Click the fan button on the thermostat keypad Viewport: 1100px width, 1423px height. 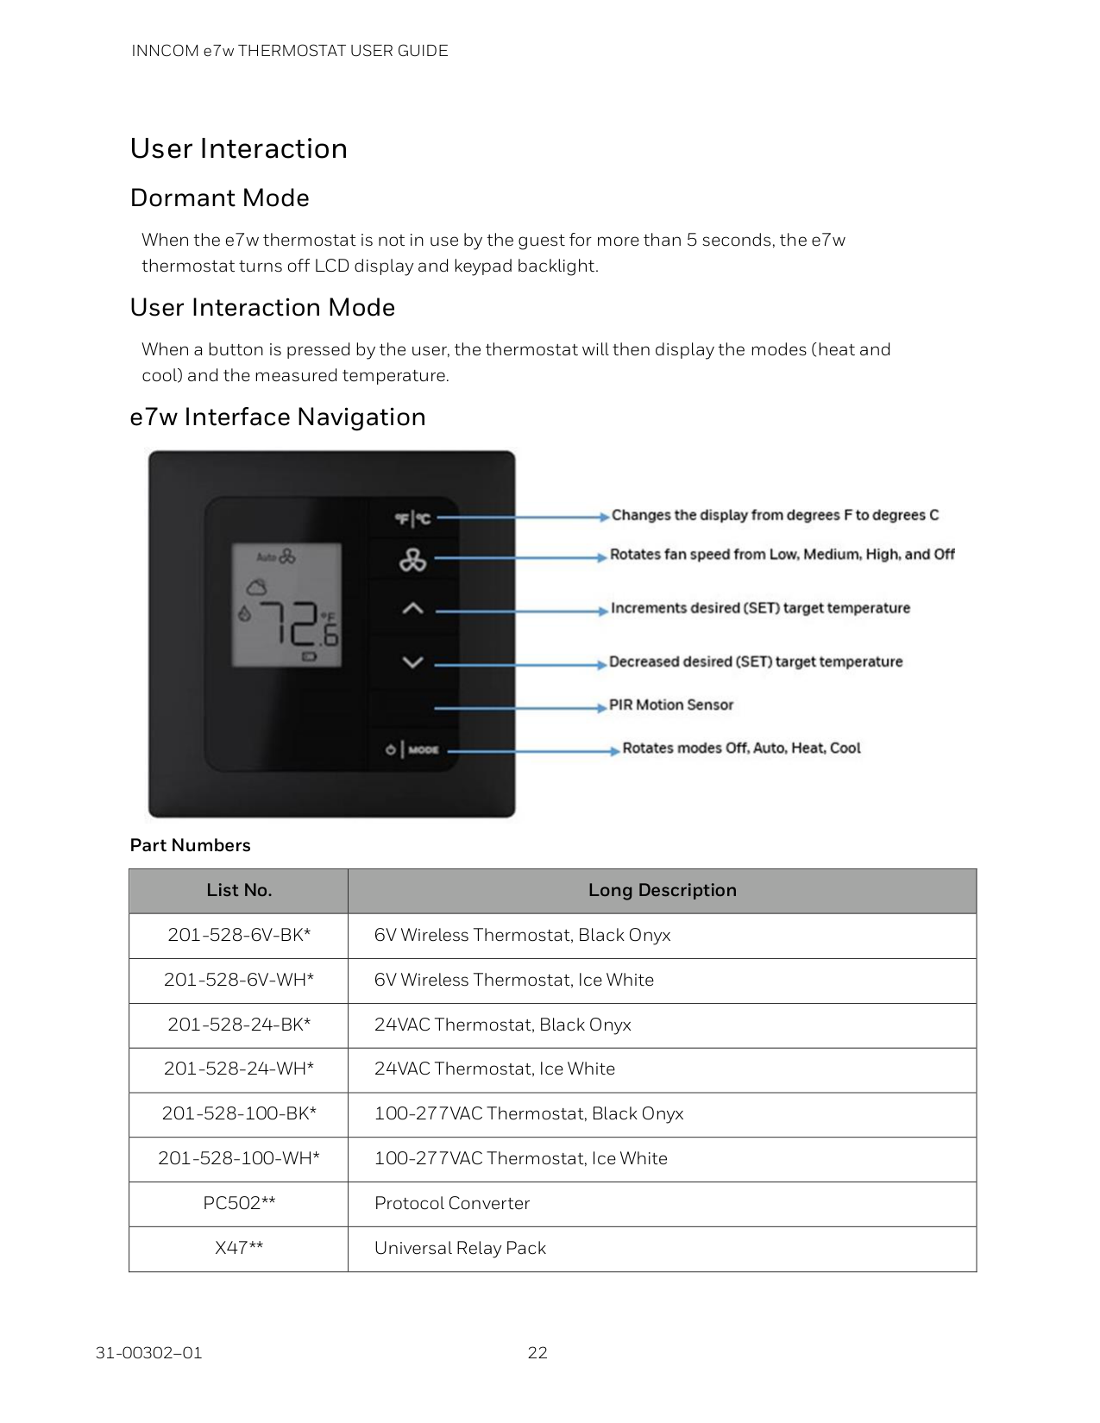(412, 561)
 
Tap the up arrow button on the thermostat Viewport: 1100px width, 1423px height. (412, 609)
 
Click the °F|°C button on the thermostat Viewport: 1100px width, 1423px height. (412, 518)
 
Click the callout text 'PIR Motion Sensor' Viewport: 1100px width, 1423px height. (670, 705)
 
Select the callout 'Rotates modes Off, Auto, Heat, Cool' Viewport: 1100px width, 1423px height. (741, 748)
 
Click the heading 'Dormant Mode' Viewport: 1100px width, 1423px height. (219, 197)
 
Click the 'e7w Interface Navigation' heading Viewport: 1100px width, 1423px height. (277, 417)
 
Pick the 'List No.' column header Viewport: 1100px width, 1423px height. (239, 890)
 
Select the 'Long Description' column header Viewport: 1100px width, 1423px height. (662, 890)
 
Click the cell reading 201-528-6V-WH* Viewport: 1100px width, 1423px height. (239, 980)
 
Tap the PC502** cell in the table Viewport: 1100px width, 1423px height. (239, 1203)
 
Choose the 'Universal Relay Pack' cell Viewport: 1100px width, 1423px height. (460, 1248)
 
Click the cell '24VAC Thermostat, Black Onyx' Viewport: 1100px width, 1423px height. (502, 1025)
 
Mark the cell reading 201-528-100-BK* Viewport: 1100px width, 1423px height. (239, 1113)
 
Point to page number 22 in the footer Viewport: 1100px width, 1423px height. (537, 1352)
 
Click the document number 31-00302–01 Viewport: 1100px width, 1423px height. (148, 1352)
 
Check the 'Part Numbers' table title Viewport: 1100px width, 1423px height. (190, 845)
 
